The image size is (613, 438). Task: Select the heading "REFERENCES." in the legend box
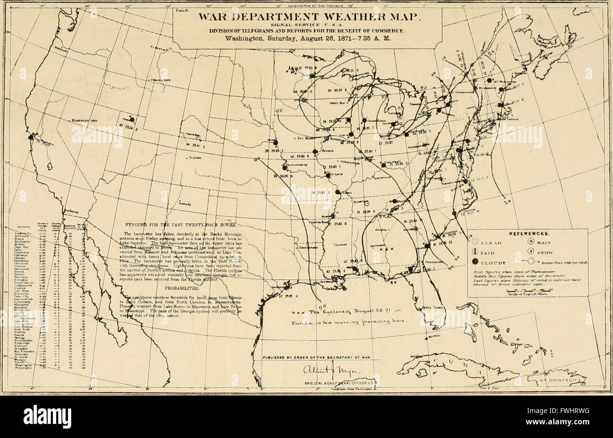528,233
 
